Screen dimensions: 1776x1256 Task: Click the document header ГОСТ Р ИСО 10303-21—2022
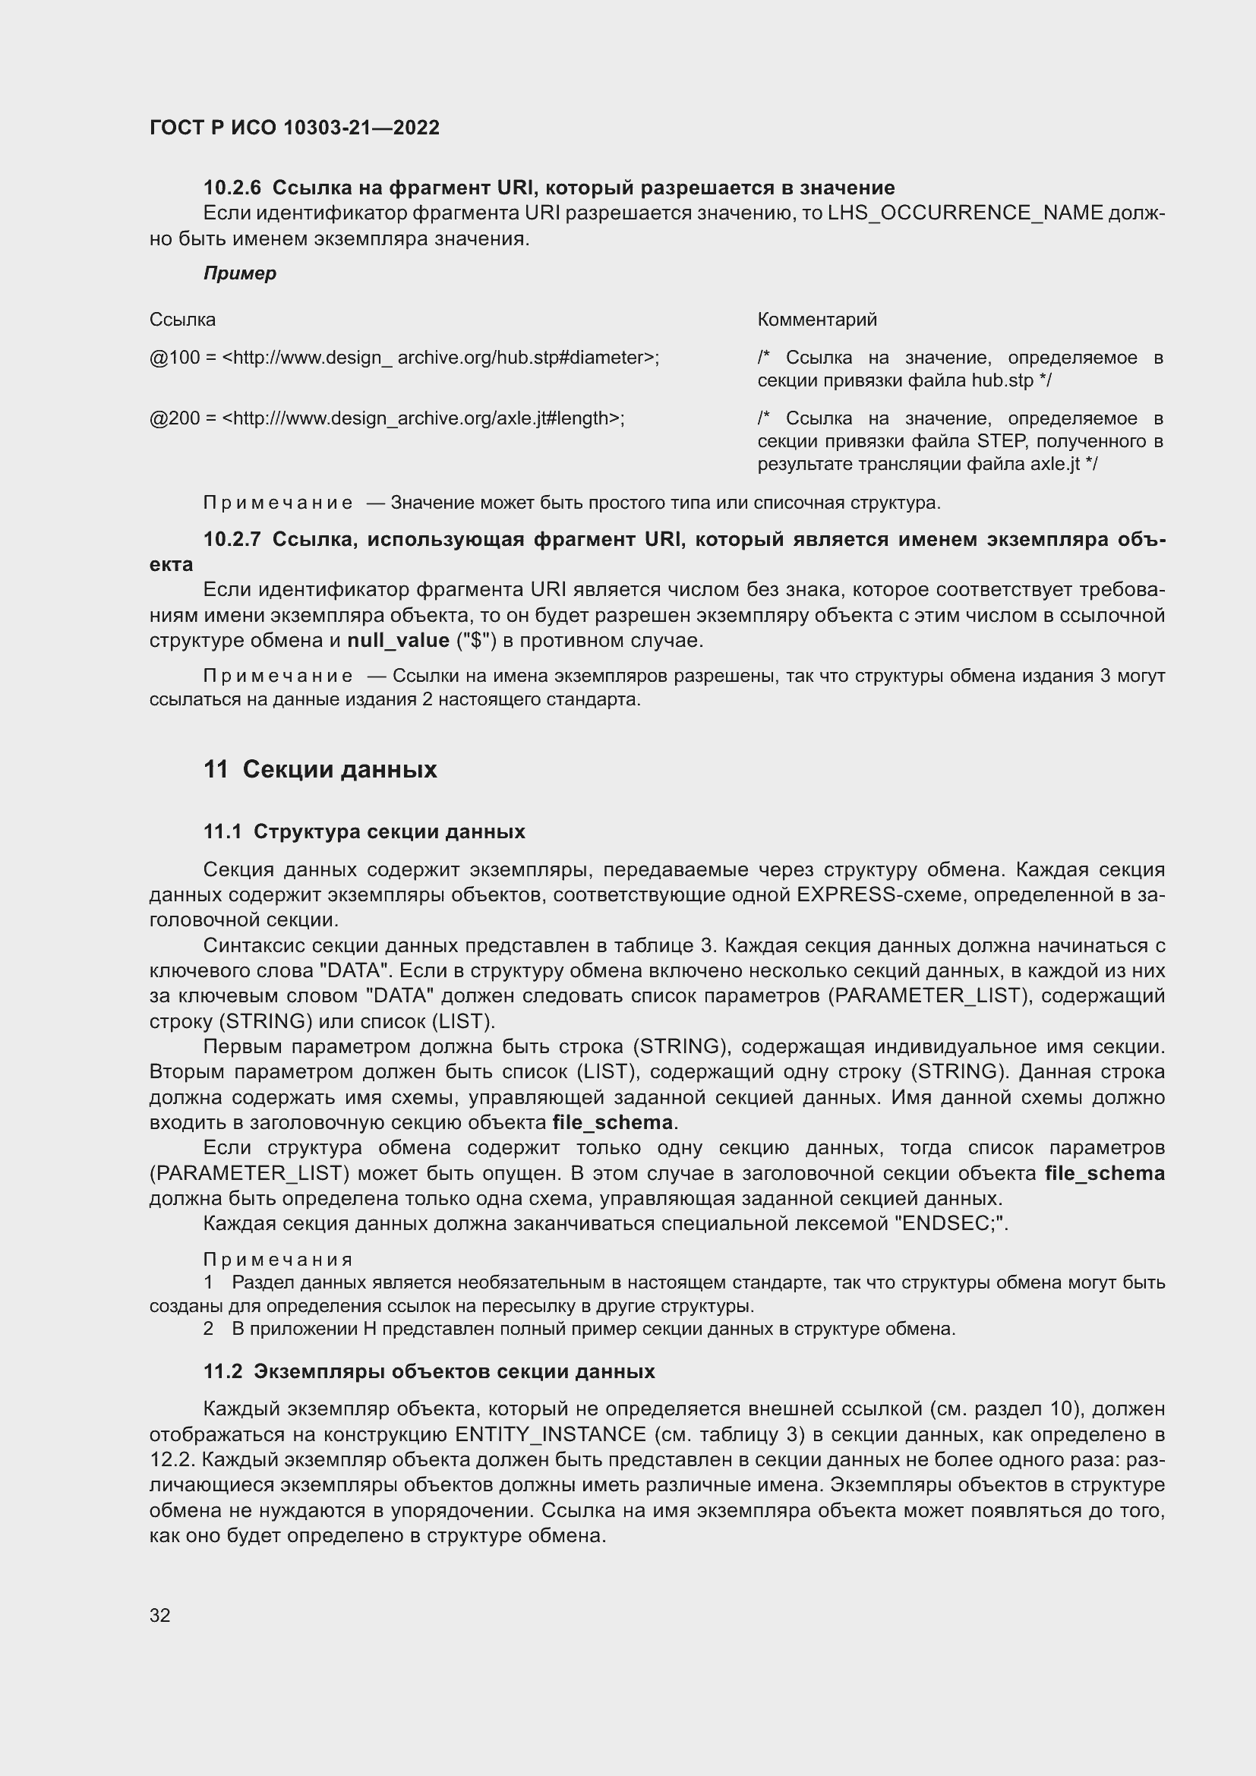click(294, 128)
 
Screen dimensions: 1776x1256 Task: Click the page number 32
click(159, 1615)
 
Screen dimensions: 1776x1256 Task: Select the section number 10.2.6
click(232, 188)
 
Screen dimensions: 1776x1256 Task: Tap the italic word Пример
click(240, 273)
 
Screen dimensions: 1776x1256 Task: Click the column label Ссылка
click(182, 320)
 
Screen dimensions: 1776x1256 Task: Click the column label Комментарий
click(817, 320)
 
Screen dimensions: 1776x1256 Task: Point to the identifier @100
click(174, 358)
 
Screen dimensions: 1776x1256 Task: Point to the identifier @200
click(174, 418)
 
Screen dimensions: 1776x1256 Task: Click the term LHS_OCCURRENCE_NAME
click(965, 213)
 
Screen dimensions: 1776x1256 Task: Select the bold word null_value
click(399, 641)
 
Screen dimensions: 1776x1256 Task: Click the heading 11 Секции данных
click(320, 769)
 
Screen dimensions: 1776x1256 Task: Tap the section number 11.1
click(222, 831)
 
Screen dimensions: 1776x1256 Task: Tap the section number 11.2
click(222, 1371)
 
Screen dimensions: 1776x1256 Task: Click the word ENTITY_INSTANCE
click(550, 1434)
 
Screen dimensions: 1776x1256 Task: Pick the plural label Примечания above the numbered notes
click(278, 1260)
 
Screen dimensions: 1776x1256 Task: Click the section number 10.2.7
click(232, 539)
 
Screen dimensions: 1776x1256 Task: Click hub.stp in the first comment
click(1002, 380)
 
